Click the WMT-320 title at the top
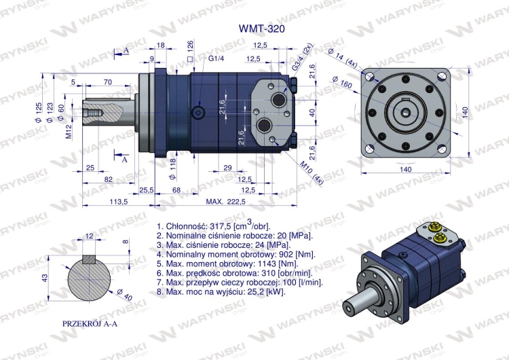(257, 29)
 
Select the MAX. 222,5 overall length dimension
(225, 202)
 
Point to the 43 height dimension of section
(45, 278)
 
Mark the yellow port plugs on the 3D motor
(437, 233)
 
